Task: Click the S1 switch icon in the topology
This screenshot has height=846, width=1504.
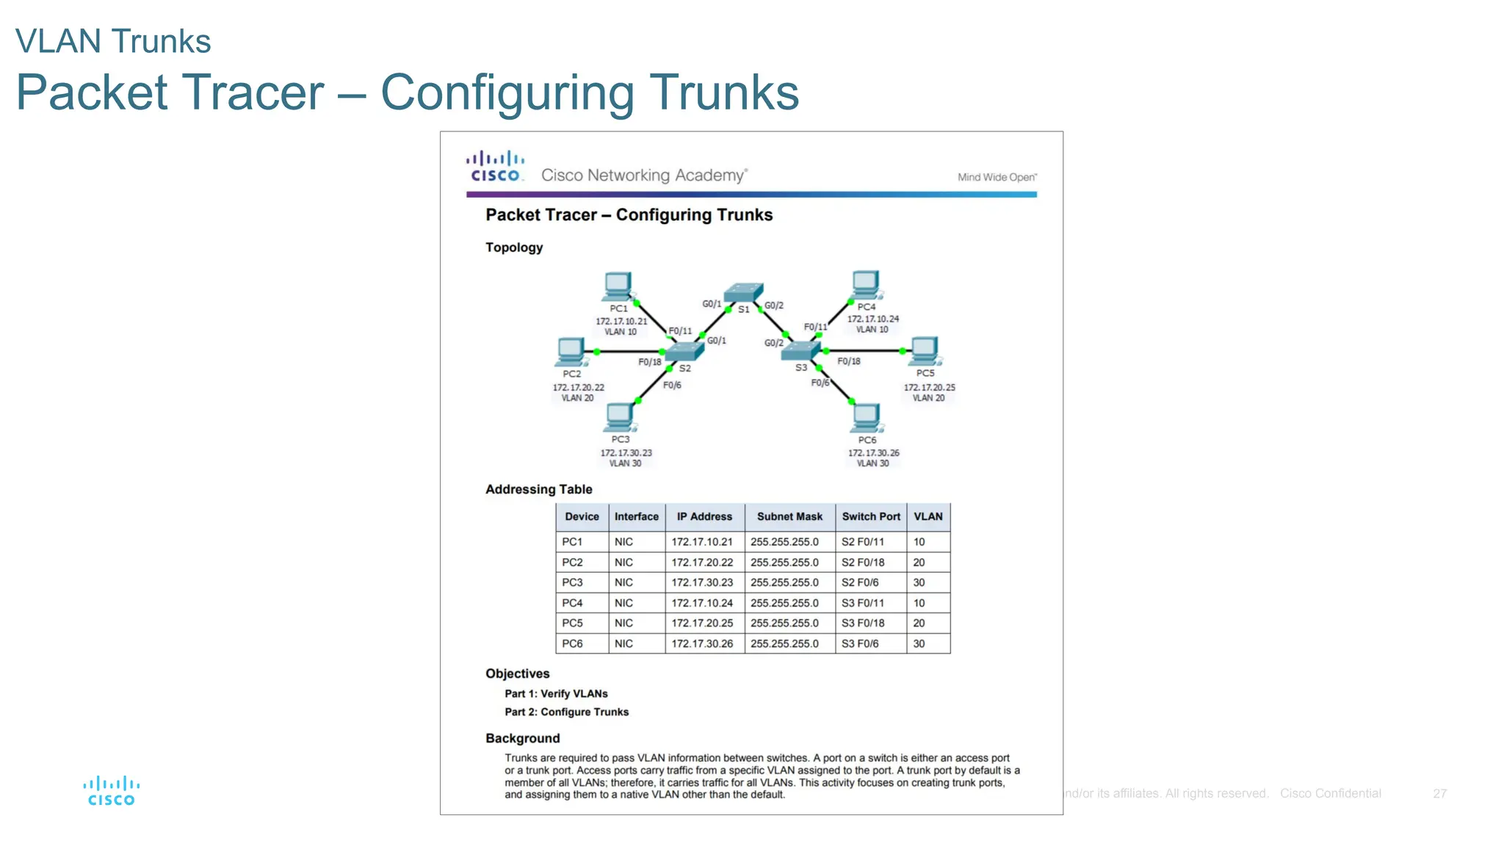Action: pyautogui.click(x=743, y=292)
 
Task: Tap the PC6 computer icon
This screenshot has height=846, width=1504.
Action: pyautogui.click(x=866, y=417)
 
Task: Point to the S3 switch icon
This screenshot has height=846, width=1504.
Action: pyautogui.click(x=801, y=351)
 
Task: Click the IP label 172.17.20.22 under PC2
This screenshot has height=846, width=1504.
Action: pyautogui.click(x=578, y=387)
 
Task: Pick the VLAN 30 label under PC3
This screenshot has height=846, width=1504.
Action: pyautogui.click(x=625, y=463)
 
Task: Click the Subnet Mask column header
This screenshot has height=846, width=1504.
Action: pyautogui.click(x=789, y=516)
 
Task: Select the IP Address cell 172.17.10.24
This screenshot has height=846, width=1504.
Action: pyautogui.click(x=702, y=603)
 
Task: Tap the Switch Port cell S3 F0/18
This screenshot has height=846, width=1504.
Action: pyautogui.click(x=863, y=623)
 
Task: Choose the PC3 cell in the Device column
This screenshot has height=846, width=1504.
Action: pyautogui.click(x=572, y=582)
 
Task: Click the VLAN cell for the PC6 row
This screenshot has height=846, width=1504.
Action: pyautogui.click(x=919, y=643)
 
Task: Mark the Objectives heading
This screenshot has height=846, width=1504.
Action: pyautogui.click(x=517, y=673)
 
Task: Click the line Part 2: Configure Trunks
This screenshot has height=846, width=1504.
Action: pyautogui.click(x=566, y=712)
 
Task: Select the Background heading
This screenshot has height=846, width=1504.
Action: pyautogui.click(x=522, y=738)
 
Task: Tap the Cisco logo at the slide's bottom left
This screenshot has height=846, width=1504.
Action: pyautogui.click(x=112, y=791)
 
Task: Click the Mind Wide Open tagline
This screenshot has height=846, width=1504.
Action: pyautogui.click(x=997, y=177)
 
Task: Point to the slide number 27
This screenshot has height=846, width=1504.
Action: pyautogui.click(x=1439, y=793)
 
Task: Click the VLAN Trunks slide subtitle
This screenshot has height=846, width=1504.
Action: pyautogui.click(x=113, y=41)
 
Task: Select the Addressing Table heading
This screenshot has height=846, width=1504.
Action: pyautogui.click(x=538, y=489)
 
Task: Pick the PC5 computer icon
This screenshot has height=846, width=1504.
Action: pyautogui.click(x=924, y=351)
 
